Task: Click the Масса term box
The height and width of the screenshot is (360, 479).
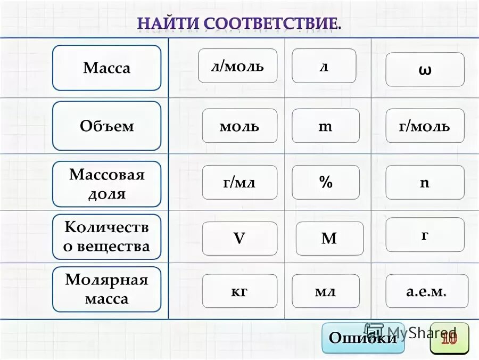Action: click(106, 68)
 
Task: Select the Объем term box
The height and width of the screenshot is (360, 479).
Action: click(106, 126)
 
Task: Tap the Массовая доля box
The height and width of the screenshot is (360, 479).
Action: click(106, 184)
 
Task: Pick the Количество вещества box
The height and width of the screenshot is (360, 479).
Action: click(106, 237)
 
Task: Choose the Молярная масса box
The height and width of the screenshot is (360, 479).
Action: click(106, 289)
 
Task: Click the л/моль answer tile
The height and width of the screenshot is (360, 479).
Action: click(237, 66)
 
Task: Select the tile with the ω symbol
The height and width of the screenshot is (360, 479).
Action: click(425, 70)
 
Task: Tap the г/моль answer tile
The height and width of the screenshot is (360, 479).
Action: click(425, 126)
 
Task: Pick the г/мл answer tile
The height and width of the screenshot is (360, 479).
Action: click(240, 183)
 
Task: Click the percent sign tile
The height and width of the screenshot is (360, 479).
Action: click(326, 183)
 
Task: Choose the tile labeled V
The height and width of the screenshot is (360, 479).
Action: click(240, 239)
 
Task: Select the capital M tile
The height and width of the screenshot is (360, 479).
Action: click(329, 239)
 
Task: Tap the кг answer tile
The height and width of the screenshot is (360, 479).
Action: click(240, 291)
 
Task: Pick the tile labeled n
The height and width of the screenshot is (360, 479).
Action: click(425, 183)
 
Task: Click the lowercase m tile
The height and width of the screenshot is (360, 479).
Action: click(326, 126)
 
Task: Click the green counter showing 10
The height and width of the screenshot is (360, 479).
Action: click(449, 338)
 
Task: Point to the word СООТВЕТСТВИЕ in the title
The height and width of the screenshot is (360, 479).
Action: click(271, 24)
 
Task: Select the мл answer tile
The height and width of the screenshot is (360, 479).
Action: click(326, 291)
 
